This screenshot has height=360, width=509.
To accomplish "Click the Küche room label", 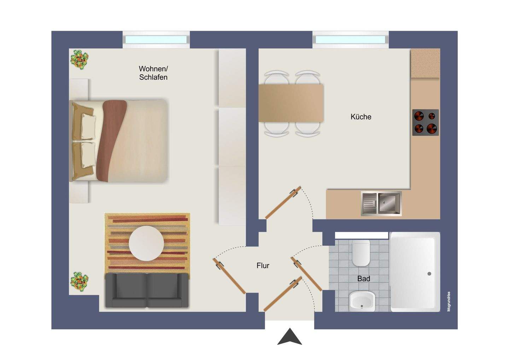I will pyautogui.click(x=361, y=117).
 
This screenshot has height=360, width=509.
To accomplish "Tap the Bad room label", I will pyautogui.click(x=363, y=279).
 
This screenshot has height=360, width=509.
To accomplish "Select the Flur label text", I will pyautogui.click(x=263, y=266).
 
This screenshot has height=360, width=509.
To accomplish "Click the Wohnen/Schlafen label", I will pyautogui.click(x=153, y=73).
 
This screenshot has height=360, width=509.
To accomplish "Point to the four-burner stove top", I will pyautogui.click(x=425, y=122).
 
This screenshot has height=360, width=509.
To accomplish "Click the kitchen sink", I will pyautogui.click(x=381, y=203).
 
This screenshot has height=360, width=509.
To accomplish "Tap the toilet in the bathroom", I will pyautogui.click(x=361, y=253).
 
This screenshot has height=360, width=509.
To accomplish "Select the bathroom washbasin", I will pyautogui.click(x=362, y=301).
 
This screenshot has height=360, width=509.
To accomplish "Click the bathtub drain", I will pyautogui.click(x=429, y=274).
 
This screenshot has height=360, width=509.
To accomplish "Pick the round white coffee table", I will pyautogui.click(x=146, y=243).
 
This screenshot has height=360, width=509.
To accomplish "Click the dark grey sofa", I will pyautogui.click(x=147, y=290).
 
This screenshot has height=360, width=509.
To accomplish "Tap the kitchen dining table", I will pyautogui.click(x=291, y=103).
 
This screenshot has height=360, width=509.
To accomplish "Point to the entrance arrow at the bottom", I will pyautogui.click(x=289, y=337).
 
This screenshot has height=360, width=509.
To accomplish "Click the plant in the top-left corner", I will pyautogui.click(x=79, y=59).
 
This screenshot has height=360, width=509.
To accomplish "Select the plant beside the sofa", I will pyautogui.click(x=79, y=281).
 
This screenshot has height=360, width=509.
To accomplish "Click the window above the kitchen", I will pyautogui.click(x=350, y=40).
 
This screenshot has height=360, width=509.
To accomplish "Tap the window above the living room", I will pyautogui.click(x=156, y=40).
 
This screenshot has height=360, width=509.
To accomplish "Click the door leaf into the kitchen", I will pyautogui.click(x=283, y=203).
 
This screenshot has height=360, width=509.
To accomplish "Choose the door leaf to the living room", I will pyautogui.click(x=229, y=276).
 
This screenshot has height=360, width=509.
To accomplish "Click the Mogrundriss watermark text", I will pyautogui.click(x=449, y=301).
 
